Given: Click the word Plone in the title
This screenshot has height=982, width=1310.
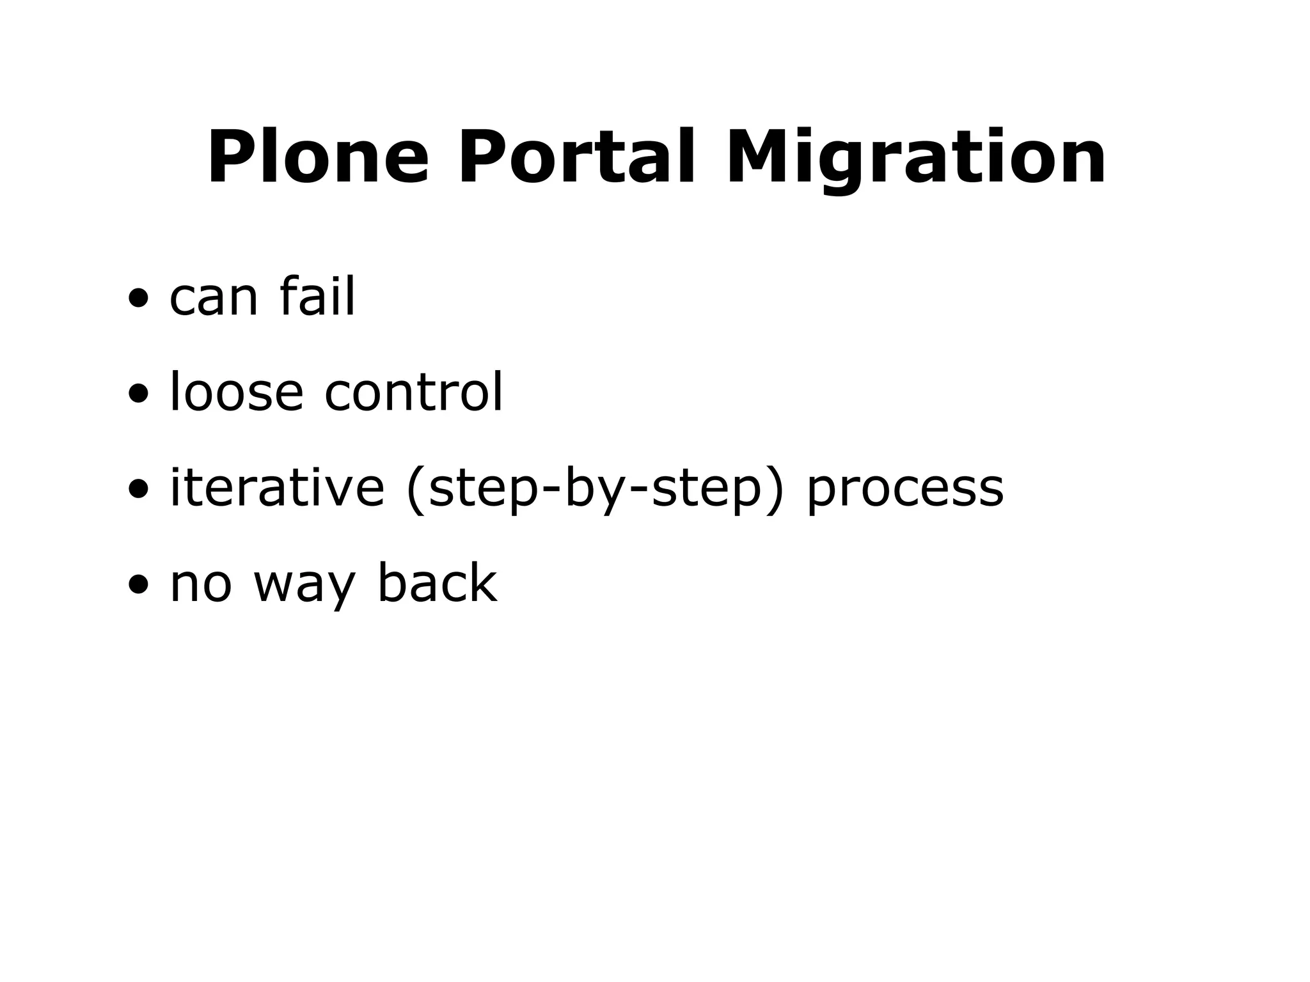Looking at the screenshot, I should (x=318, y=157).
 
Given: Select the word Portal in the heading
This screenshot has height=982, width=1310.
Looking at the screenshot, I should (x=576, y=157).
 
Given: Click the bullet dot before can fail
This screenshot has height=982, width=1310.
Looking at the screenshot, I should (x=138, y=298).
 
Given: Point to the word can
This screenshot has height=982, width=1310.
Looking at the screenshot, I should (x=214, y=298).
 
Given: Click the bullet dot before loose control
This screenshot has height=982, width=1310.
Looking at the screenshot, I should (x=138, y=393).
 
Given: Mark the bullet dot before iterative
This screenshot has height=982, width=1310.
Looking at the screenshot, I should (x=138, y=489).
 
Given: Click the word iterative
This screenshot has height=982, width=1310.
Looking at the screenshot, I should (x=276, y=487).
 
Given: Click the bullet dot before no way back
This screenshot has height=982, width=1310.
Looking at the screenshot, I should (x=138, y=584).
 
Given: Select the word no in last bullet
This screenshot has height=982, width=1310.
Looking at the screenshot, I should (x=200, y=584).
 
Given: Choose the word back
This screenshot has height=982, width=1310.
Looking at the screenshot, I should (x=437, y=582).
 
